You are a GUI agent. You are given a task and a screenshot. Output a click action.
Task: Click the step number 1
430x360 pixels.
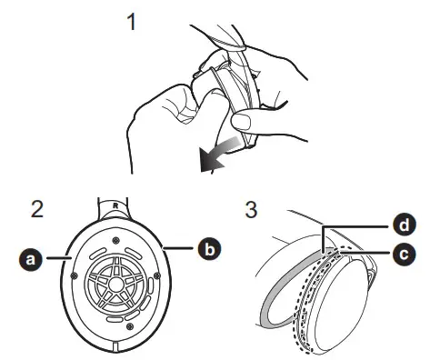[132, 22]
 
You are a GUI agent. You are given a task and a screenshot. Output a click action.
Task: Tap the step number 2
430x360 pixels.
[37, 209]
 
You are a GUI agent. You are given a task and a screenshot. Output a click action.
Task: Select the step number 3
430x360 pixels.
[251, 209]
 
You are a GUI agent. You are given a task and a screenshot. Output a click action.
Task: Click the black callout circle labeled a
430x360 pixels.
[31, 259]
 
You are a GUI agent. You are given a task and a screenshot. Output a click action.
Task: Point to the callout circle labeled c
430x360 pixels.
[405, 255]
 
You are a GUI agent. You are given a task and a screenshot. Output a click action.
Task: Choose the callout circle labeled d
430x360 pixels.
[405, 225]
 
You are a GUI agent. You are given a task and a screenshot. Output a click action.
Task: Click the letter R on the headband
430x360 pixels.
[115, 205]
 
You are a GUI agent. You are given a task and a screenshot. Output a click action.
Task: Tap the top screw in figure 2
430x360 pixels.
[115, 241]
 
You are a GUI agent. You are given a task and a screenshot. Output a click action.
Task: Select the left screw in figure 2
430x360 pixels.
[74, 275]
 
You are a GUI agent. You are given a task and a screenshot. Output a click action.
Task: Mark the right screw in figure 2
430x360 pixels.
[157, 275]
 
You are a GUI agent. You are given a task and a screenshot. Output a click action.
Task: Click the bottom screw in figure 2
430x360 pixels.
[130, 326]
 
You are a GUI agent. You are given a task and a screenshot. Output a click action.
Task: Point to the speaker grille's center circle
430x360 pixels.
[115, 284]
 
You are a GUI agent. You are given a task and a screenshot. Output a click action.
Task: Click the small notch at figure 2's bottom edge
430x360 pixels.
[115, 347]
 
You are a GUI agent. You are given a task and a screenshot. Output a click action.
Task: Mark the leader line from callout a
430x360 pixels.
[59, 258]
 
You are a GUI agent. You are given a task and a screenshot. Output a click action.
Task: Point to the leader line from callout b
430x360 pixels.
[178, 249]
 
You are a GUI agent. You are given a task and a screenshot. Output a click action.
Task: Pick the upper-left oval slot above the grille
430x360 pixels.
[97, 253]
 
